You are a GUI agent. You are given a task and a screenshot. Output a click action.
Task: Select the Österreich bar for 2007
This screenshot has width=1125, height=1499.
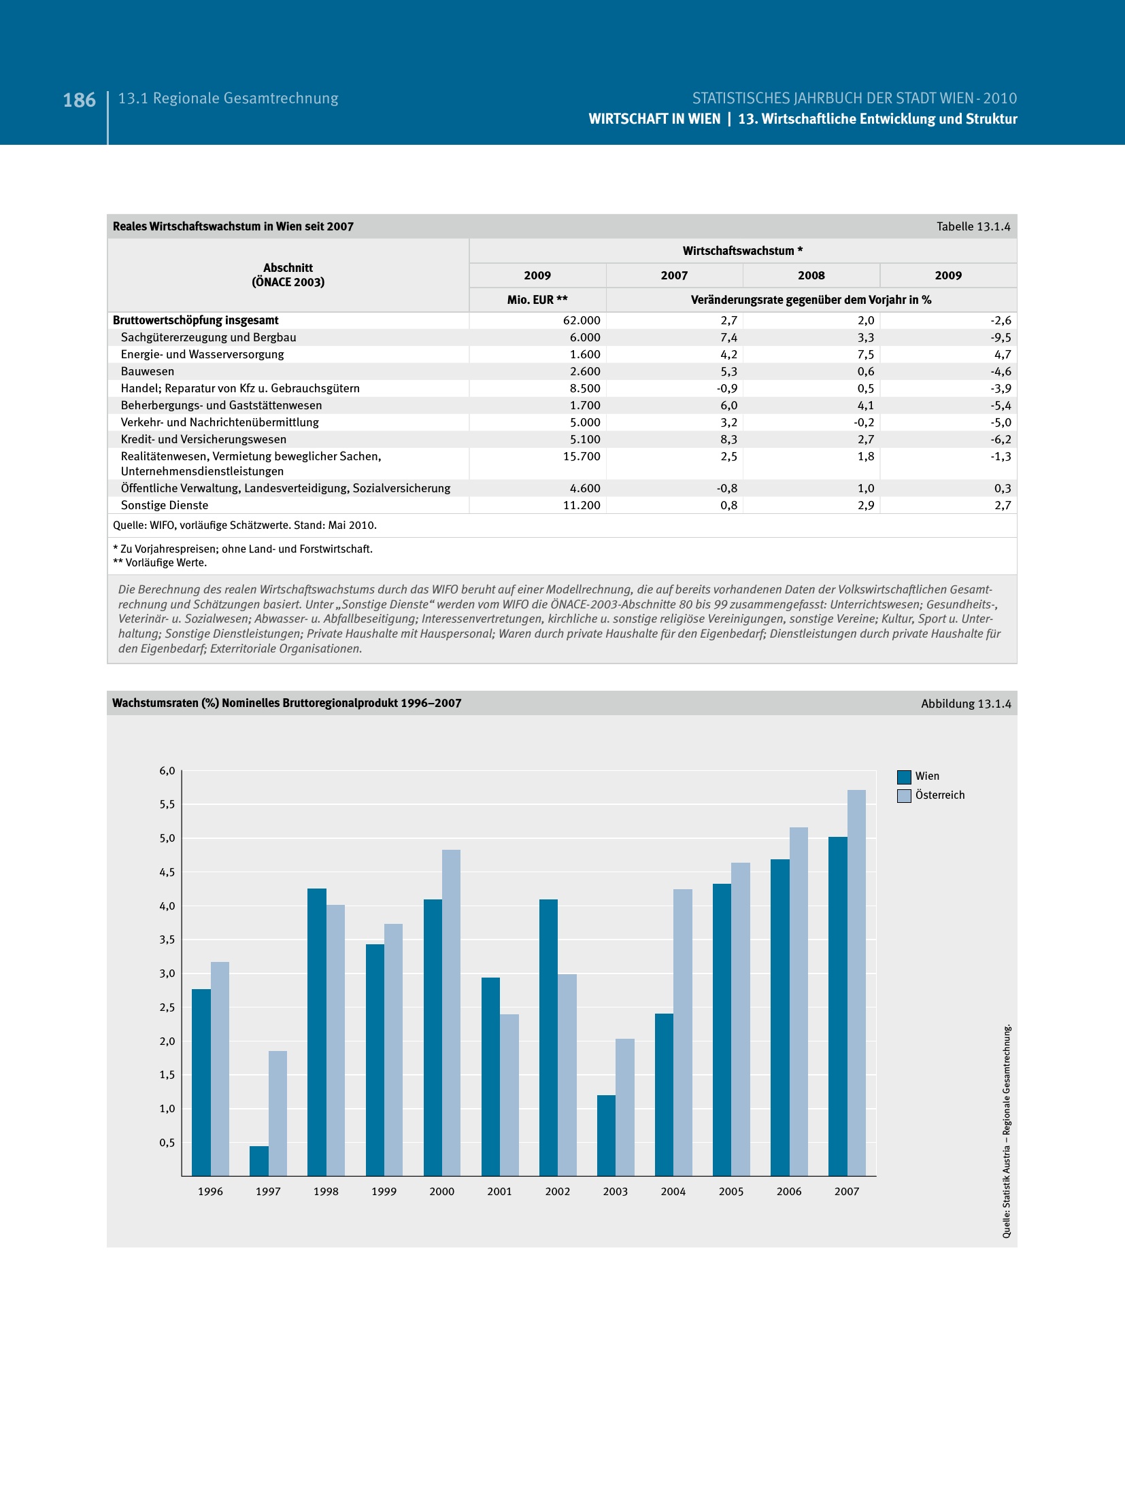coord(856,982)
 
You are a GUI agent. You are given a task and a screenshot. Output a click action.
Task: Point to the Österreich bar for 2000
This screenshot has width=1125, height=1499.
coord(451,1012)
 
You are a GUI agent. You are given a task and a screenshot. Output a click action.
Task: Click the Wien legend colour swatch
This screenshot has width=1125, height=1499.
coord(904,776)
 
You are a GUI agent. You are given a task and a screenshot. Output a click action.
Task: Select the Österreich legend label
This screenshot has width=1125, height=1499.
coord(939,795)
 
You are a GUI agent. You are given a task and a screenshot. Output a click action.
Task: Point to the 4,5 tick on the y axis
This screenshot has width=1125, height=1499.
coord(167,872)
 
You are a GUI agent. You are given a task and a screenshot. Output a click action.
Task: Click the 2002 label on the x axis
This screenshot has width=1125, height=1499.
coord(557,1191)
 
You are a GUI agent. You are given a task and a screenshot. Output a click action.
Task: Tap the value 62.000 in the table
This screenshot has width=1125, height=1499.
coord(582,320)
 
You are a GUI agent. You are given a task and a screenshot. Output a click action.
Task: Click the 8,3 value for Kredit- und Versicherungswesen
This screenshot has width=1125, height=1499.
coord(728,439)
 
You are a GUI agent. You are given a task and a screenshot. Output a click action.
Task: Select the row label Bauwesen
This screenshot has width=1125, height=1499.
coord(148,371)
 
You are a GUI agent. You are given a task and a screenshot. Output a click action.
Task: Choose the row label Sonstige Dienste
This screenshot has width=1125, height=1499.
coord(165,505)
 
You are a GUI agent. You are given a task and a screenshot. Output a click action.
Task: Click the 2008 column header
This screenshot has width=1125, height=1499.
coord(811,275)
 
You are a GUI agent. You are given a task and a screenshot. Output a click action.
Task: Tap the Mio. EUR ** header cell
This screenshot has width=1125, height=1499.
coord(537,300)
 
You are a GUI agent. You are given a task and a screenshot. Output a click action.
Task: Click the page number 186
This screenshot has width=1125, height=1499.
coord(80,101)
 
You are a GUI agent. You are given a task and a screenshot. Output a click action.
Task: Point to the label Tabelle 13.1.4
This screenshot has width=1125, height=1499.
coord(973,226)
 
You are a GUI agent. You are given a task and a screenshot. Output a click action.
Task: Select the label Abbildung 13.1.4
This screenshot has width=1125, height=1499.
coord(966,704)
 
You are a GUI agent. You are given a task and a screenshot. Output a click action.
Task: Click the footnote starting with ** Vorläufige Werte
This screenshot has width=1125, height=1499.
coord(160,563)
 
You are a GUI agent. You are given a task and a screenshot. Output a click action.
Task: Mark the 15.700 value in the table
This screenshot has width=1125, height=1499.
coord(582,456)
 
